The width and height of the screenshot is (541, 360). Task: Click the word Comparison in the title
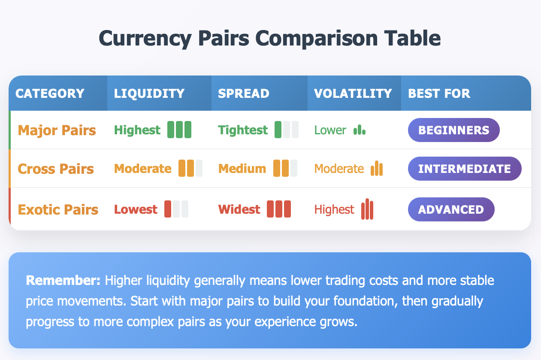point(316,39)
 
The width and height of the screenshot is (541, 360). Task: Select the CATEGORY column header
point(50,94)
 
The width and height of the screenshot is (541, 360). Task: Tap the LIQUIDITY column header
point(149,94)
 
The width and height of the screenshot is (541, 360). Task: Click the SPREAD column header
point(243,94)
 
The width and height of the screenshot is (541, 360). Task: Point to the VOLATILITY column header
point(353,94)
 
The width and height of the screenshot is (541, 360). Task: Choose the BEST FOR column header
point(439,94)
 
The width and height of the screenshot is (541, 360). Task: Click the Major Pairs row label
point(57,130)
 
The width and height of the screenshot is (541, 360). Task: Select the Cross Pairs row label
point(55,169)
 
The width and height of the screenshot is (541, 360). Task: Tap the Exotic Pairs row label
point(58,209)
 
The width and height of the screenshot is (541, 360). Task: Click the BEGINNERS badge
point(454,130)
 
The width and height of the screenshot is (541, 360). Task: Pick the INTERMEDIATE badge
point(465,169)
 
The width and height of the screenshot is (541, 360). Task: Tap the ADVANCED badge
point(451,209)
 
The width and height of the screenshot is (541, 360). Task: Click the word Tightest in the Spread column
point(243,130)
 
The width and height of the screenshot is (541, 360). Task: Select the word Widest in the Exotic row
point(239,209)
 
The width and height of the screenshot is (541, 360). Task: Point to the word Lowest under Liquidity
point(136,209)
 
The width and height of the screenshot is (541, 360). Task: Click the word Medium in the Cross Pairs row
point(242,168)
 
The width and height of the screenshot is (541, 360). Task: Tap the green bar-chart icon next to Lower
point(360,130)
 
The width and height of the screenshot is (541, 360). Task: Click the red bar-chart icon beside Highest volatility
point(367,209)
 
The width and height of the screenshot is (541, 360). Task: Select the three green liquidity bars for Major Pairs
point(179,130)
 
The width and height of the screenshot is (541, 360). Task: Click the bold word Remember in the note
point(63,281)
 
